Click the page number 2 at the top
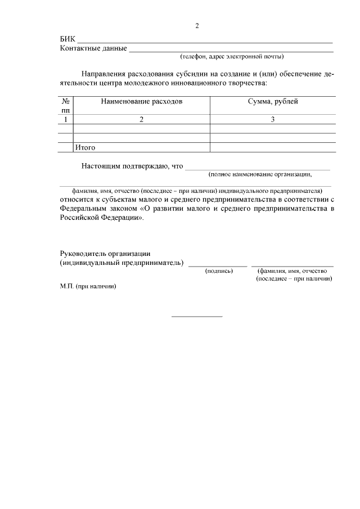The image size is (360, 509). (197, 26)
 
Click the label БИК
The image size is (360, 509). (67, 39)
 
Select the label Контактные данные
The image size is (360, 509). (93, 48)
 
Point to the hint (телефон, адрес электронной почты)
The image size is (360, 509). (232, 57)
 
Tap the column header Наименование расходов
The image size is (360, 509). (142, 102)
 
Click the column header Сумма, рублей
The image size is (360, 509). (273, 102)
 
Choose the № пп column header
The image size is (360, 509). (66, 106)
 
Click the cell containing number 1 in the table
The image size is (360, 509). (66, 119)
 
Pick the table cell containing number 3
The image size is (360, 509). (273, 119)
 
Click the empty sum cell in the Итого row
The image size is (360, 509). (273, 147)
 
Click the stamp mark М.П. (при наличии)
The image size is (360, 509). (88, 286)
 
